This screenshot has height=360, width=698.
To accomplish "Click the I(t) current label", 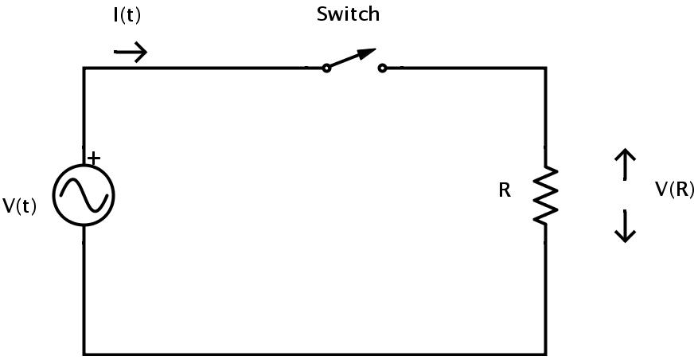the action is [127, 16].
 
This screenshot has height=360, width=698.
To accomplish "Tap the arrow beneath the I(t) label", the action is [130, 52].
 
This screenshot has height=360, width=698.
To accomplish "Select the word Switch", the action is [348, 14].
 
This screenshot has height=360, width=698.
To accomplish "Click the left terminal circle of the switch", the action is [326, 68].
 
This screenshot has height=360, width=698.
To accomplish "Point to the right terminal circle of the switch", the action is [382, 68].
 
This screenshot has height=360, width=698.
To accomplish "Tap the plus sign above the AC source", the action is [94, 158].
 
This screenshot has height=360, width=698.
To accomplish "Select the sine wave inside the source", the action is [84, 194].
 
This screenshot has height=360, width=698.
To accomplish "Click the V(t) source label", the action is [20, 205].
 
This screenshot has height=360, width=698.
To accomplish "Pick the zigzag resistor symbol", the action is [546, 195].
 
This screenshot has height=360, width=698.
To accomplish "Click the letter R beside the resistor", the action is [505, 190].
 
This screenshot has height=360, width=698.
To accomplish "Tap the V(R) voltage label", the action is [674, 190].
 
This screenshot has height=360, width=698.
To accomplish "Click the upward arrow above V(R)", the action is [626, 164].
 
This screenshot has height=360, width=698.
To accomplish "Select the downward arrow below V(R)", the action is [626, 226].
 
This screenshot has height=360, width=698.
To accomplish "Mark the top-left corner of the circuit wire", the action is [84, 68].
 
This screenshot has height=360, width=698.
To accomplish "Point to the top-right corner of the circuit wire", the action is [546, 68].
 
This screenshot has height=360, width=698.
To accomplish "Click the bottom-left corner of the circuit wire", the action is [84, 354].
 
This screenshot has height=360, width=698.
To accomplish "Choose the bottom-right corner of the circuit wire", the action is [546, 354].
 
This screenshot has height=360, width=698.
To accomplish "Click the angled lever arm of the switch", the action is [351, 58].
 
